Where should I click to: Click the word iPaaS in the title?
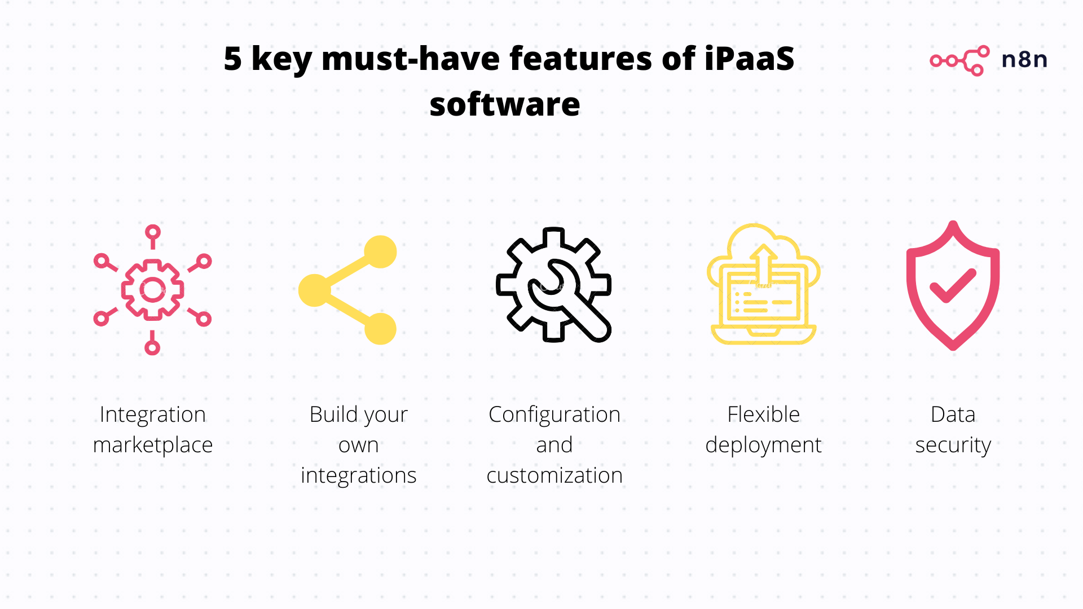(749, 59)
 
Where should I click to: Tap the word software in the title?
(505, 105)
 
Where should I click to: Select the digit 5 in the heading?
(232, 59)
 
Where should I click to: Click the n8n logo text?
(1024, 59)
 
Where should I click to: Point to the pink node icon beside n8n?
(959, 60)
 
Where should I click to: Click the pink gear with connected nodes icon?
(152, 290)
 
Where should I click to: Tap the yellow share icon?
(347, 290)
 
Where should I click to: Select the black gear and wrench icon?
(553, 285)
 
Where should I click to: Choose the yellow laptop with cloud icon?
(763, 284)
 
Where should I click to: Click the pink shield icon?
(953, 285)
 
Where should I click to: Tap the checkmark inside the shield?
(953, 285)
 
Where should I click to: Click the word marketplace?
(153, 445)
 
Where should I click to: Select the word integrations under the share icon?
(359, 475)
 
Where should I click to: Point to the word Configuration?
(554, 415)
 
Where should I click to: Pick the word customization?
(554, 475)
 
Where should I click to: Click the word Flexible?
(764, 414)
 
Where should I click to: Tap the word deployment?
(764, 445)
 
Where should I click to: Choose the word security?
(953, 445)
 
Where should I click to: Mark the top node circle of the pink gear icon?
(153, 232)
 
